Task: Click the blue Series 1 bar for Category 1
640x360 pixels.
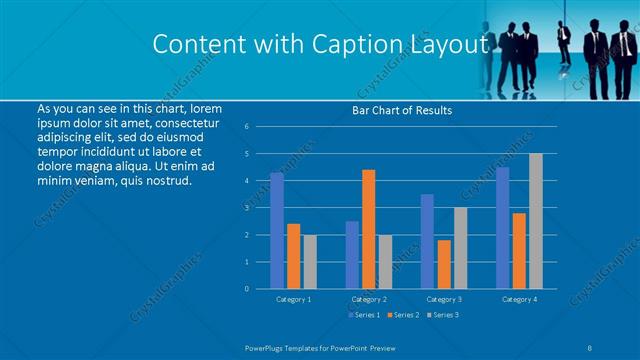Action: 277,231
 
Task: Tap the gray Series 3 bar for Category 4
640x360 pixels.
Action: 536,221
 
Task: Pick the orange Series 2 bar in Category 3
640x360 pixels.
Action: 444,264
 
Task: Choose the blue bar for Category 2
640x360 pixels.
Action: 352,255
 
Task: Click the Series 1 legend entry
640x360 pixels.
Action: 362,315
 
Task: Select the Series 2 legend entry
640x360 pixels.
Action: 403,315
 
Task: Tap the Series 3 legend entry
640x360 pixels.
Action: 444,315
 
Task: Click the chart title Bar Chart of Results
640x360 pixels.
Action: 402,110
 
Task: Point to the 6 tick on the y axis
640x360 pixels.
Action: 247,127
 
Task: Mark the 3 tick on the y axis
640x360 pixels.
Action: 247,208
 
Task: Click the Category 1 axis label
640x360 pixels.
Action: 293,299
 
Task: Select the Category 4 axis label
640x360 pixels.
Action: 519,299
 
